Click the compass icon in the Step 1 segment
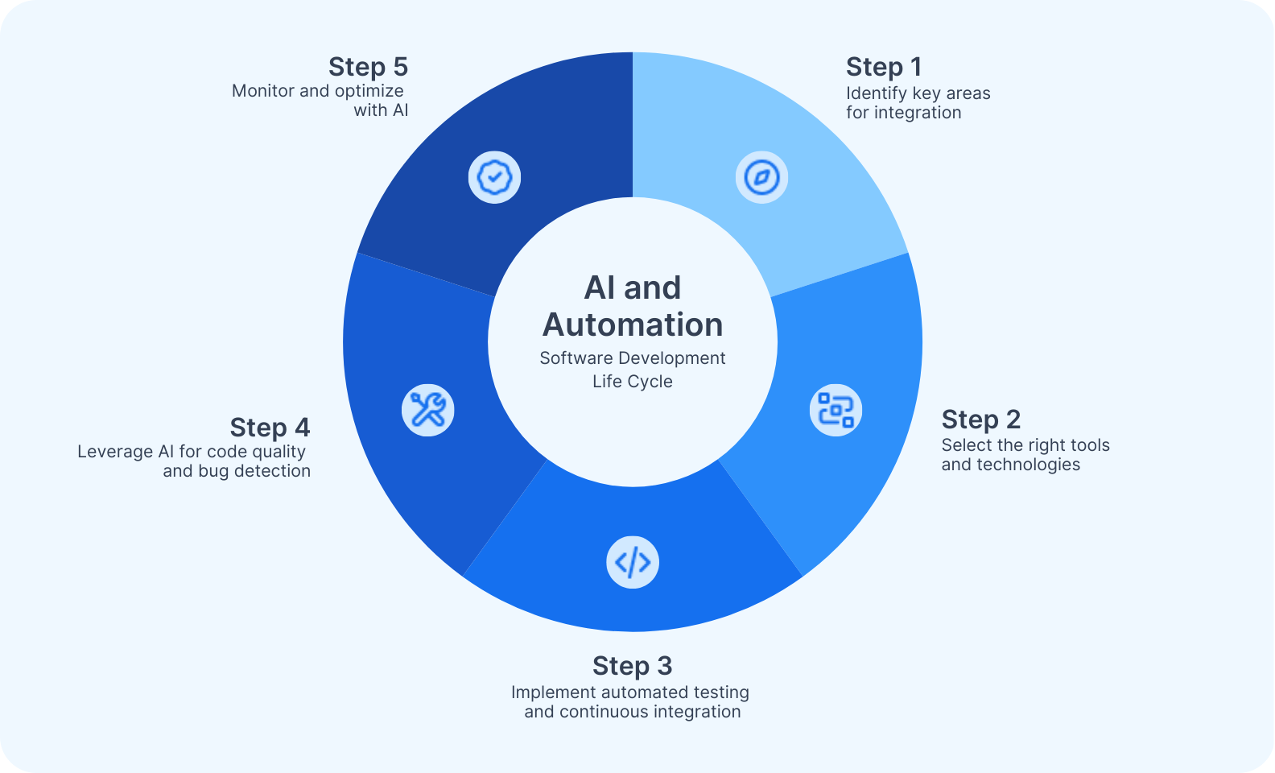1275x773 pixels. pos(761,177)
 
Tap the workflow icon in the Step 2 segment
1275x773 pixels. pos(836,410)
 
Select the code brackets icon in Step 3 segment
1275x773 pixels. pos(633,562)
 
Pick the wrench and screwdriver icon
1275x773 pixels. pos(428,410)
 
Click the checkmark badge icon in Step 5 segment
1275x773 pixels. pos(494,177)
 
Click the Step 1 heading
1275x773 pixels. pos(884,67)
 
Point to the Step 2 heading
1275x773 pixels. pos(980,420)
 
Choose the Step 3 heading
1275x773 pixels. pos(632,666)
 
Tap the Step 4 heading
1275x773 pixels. pos(270,428)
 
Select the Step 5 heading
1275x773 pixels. pos(368,67)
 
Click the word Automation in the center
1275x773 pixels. pos(633,325)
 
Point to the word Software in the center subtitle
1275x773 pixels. pos(571,358)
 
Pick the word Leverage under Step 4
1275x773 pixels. pos(113,452)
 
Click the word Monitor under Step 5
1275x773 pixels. pos(263,91)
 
